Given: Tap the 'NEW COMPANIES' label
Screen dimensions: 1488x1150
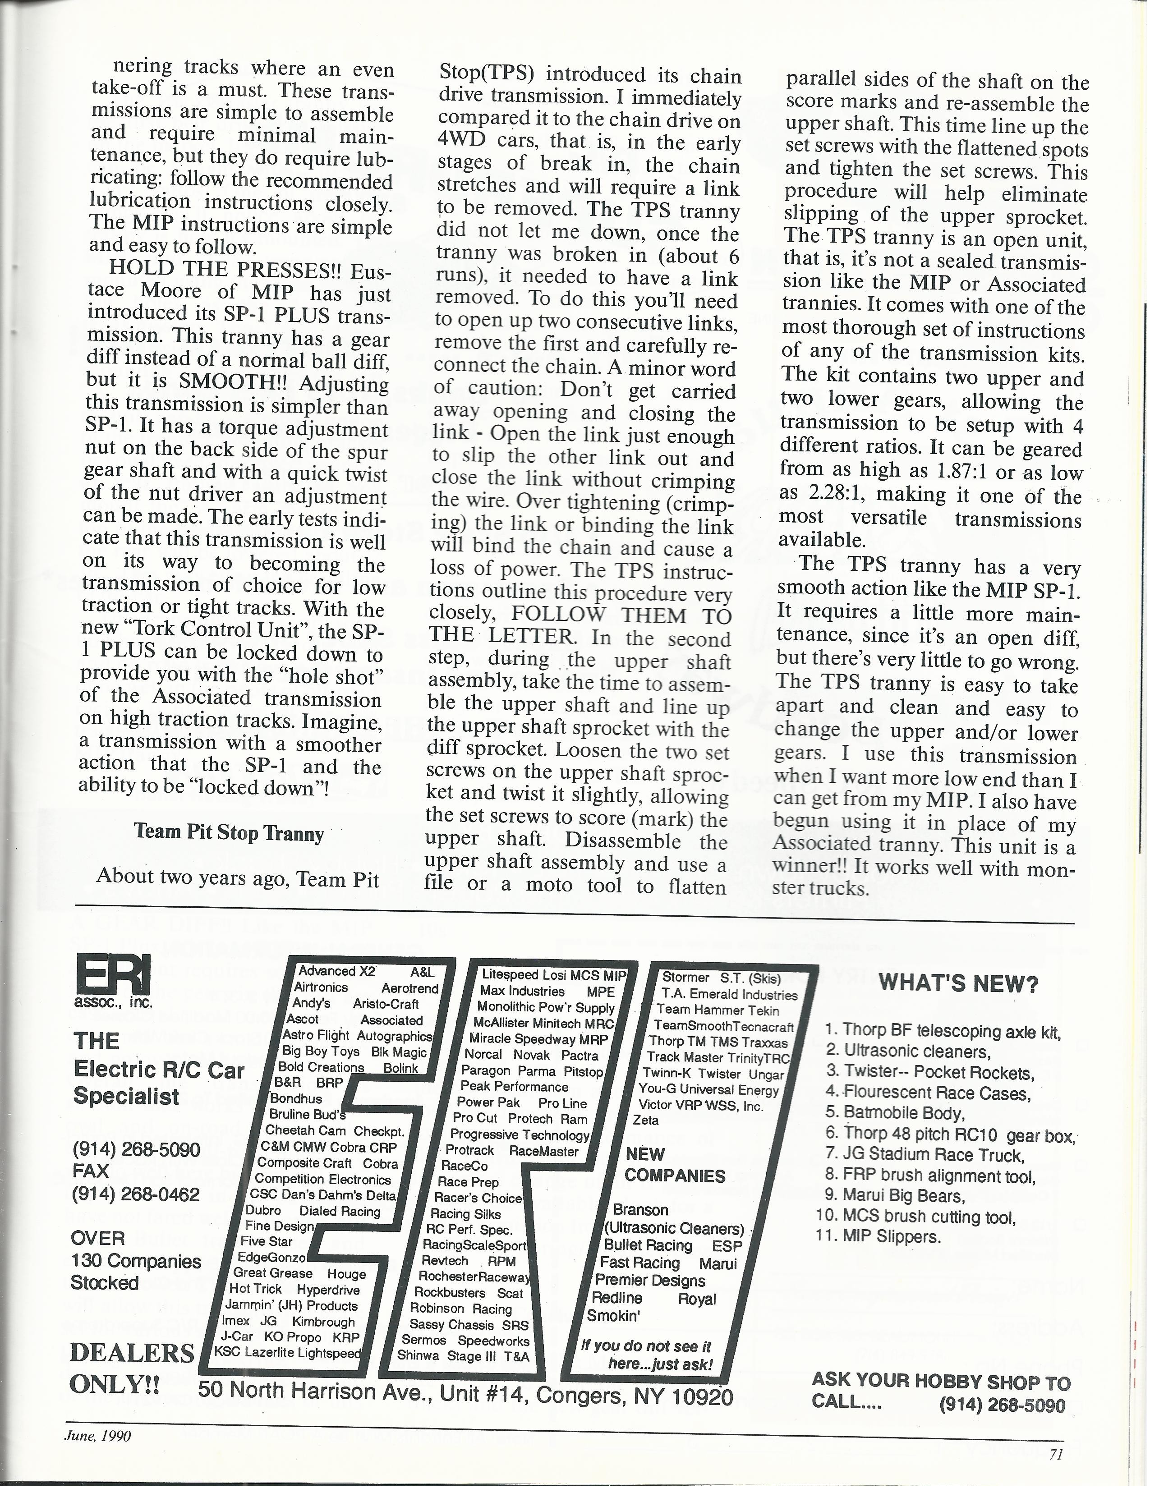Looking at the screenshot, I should [x=675, y=1165].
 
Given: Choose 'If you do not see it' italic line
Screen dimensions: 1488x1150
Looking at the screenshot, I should [x=645, y=1346].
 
